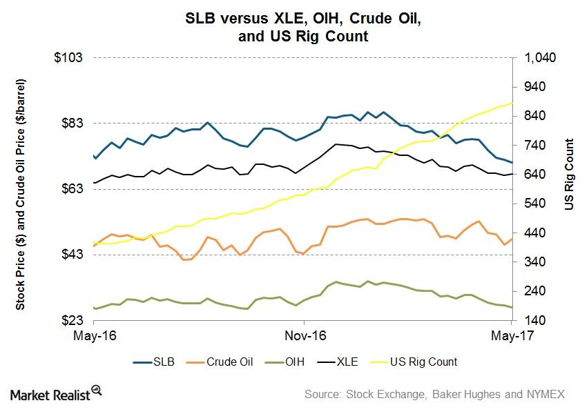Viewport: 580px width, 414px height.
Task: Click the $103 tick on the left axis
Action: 68,57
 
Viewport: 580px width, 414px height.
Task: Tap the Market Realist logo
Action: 56,394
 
